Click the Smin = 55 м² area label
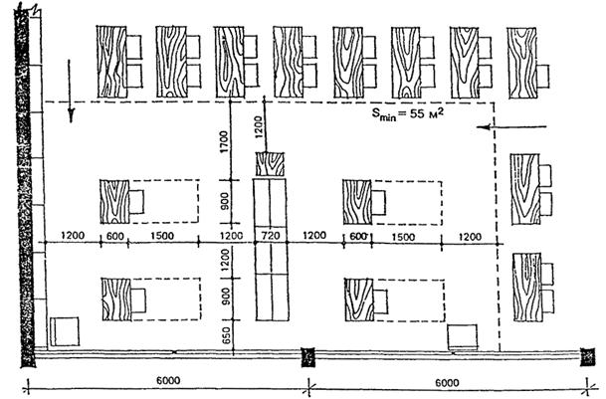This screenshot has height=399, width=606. [x=408, y=114]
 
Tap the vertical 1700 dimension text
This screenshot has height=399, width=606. [x=224, y=141]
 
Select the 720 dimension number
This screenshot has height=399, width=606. [x=271, y=235]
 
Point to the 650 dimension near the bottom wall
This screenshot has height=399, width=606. [x=227, y=335]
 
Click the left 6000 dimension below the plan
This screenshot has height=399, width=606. [x=168, y=380]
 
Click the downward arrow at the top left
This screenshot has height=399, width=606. [x=71, y=92]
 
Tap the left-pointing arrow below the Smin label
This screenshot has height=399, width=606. [x=511, y=126]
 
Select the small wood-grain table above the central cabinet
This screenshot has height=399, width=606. [x=270, y=164]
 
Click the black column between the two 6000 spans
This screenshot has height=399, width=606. [x=308, y=357]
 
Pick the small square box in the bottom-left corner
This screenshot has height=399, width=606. [x=65, y=331]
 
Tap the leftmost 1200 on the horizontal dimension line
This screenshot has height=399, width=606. [x=73, y=236]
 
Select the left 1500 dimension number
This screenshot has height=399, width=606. [x=162, y=236]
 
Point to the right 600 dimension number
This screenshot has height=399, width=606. [x=358, y=236]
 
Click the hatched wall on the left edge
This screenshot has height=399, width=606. [x=24, y=187]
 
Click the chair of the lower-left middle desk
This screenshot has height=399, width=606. [x=138, y=300]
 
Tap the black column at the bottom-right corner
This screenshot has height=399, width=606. [x=587, y=356]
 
